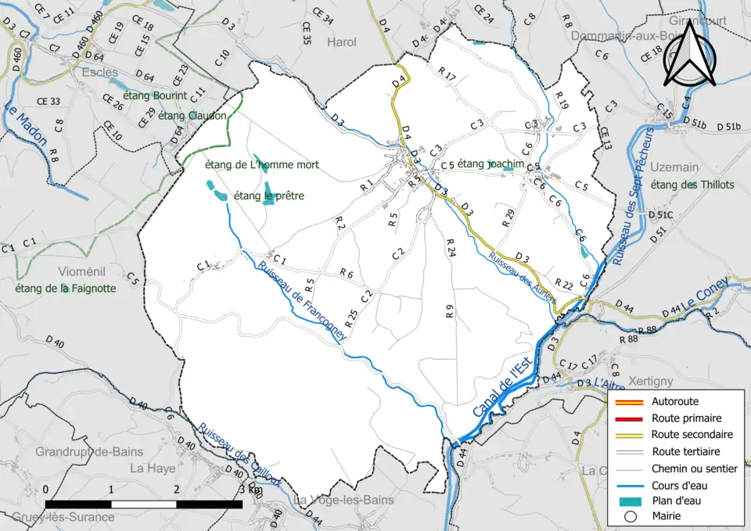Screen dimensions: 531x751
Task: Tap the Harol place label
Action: point(342,42)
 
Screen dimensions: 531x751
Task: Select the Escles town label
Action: point(99,72)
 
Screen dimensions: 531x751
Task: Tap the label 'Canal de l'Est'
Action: point(501,387)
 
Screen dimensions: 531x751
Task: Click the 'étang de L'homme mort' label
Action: point(261,165)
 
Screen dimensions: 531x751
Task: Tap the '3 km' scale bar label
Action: point(250,490)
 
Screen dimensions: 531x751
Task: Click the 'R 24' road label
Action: point(450,249)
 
